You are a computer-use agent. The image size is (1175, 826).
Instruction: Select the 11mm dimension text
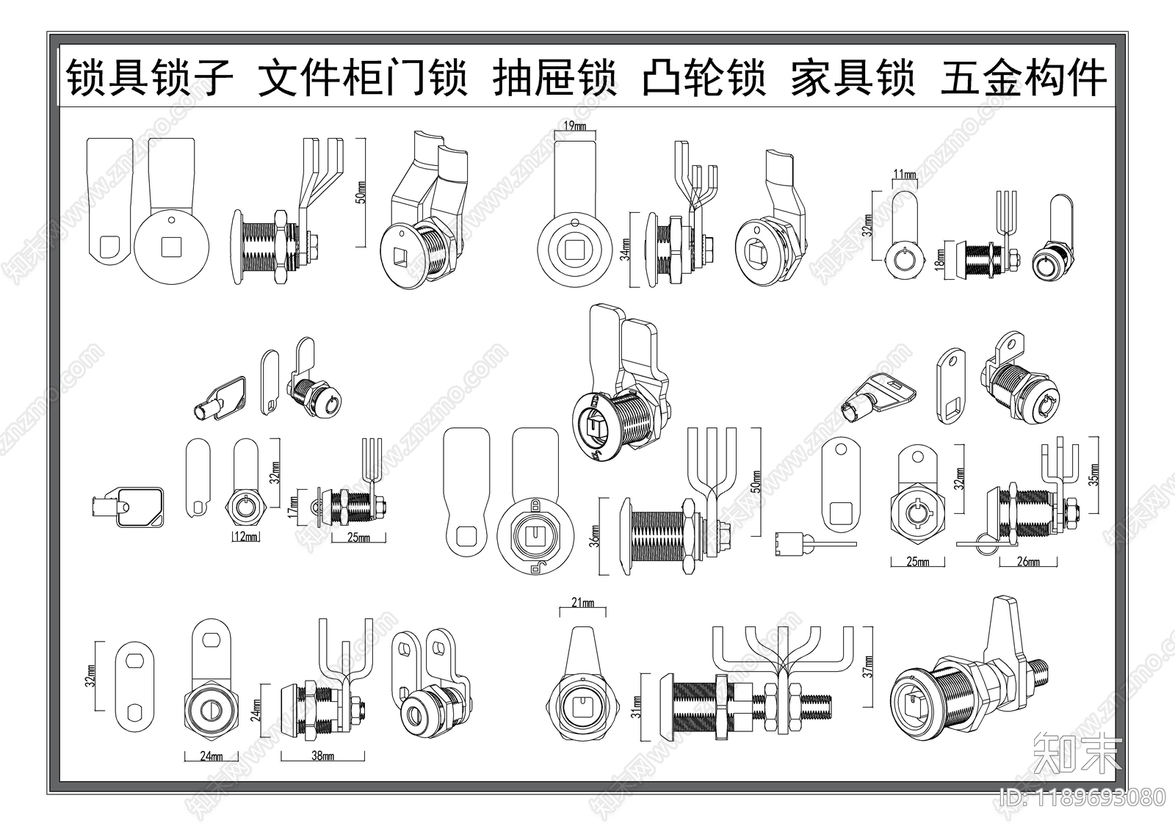[904, 175]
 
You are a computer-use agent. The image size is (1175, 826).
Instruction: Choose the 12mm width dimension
[246, 537]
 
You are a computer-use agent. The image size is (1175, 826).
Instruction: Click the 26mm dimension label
[1027, 562]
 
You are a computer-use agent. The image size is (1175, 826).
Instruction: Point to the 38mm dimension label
[322, 756]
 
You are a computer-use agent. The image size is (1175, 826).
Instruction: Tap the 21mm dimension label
[582, 604]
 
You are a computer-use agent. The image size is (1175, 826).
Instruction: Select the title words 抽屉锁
[554, 78]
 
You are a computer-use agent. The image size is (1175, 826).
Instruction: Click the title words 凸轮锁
[704, 78]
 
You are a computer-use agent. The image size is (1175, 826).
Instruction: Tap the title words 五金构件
[1023, 78]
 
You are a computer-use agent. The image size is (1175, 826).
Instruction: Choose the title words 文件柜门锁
[363, 78]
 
